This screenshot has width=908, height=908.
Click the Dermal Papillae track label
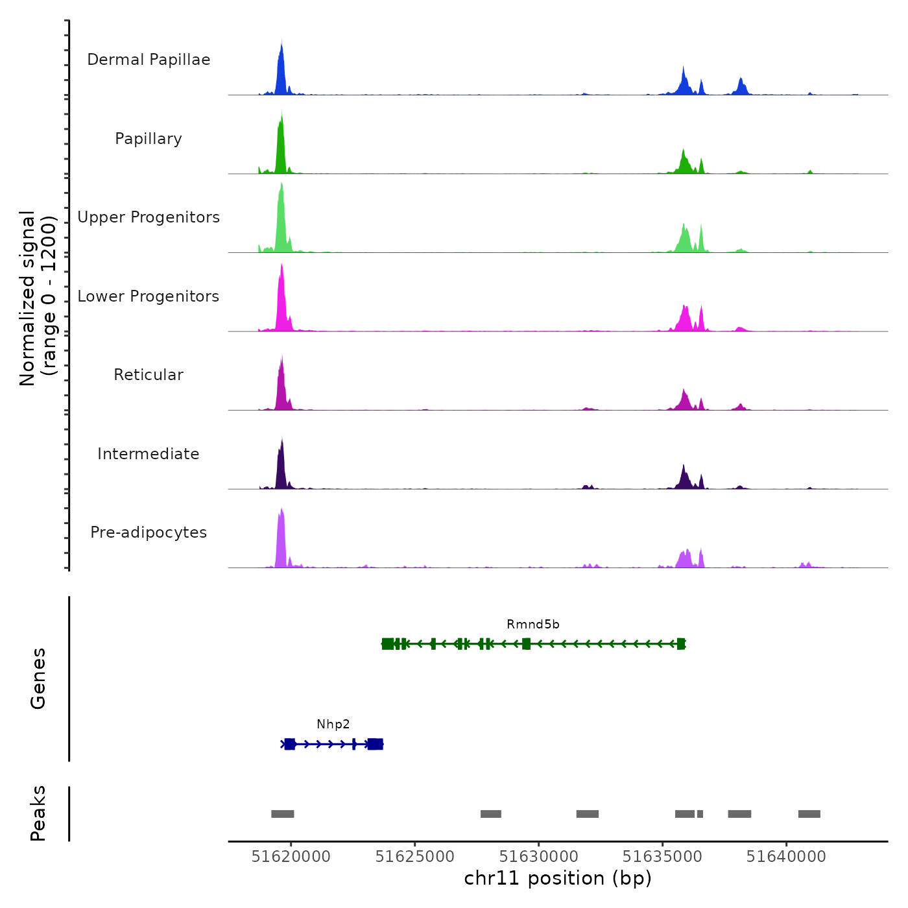(149, 60)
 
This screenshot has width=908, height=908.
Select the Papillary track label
(149, 139)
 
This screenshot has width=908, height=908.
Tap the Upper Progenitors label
(149, 217)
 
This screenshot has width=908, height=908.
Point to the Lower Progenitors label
(149, 296)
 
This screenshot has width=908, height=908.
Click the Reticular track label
(149, 375)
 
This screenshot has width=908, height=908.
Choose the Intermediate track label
(149, 454)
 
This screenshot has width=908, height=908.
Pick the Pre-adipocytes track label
(149, 532)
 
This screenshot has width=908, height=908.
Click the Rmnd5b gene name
(532, 625)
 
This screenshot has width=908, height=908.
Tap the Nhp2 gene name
(333, 724)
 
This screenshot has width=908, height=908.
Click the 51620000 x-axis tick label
(291, 857)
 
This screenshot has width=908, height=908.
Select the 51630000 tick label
(539, 857)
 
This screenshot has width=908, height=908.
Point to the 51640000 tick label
(786, 857)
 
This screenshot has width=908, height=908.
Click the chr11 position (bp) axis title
(558, 879)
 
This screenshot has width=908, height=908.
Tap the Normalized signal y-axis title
(38, 298)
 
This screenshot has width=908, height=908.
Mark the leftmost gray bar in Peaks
(282, 814)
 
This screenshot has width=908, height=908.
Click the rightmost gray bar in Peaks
(809, 814)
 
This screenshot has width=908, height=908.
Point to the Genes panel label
(38, 678)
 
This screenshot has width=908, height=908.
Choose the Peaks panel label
(38, 813)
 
